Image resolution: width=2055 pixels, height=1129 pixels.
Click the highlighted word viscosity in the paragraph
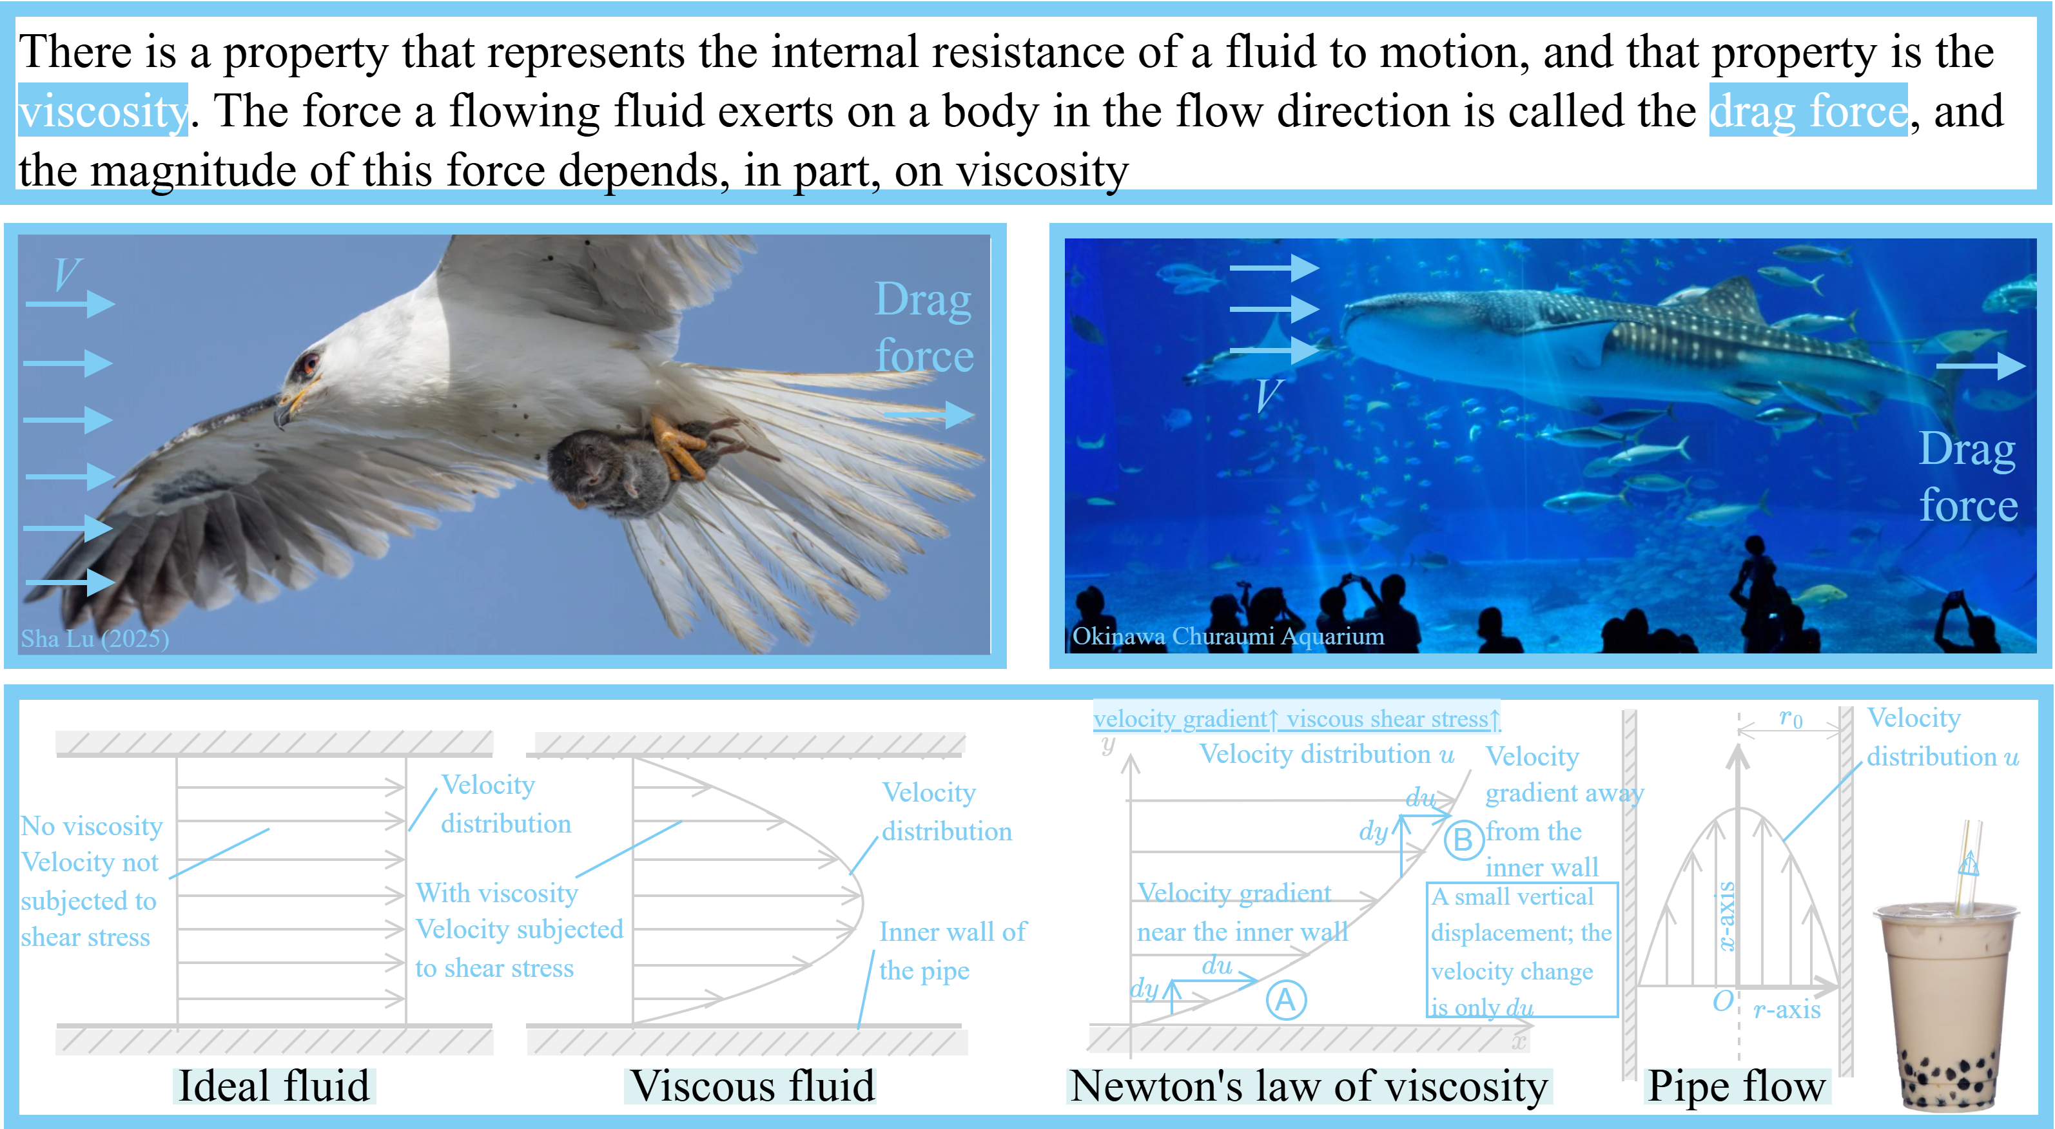pyautogui.click(x=103, y=110)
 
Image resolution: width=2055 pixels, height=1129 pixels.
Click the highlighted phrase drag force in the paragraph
pyautogui.click(x=1807, y=110)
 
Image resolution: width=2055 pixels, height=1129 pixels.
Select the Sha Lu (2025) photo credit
pyautogui.click(x=95, y=639)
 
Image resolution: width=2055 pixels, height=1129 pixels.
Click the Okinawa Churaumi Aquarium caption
pyautogui.click(x=1228, y=636)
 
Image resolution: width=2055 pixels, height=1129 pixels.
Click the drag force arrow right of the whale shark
pyautogui.click(x=1981, y=366)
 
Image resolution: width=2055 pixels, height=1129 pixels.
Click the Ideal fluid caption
pyautogui.click(x=273, y=1086)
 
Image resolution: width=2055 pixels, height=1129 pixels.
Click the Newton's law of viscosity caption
pyautogui.click(x=1309, y=1086)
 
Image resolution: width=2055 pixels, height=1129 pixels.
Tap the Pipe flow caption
pyautogui.click(x=1737, y=1086)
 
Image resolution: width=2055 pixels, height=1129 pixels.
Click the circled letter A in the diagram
pyautogui.click(x=1286, y=1000)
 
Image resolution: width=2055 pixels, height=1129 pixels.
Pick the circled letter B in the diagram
pyautogui.click(x=1463, y=840)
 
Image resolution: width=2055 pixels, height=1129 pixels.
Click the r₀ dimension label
pyautogui.click(x=1791, y=719)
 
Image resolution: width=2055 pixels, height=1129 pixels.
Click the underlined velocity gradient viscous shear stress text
pyautogui.click(x=1296, y=719)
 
